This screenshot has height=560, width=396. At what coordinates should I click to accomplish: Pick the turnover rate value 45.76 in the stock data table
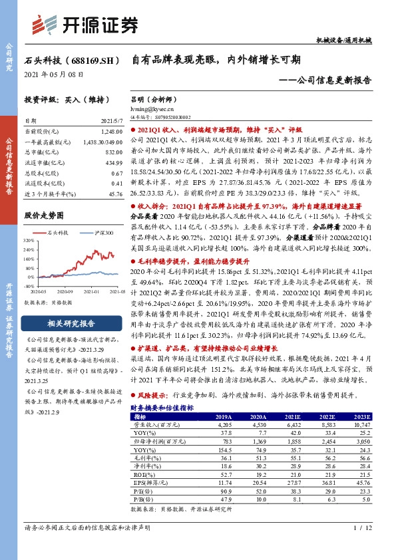click(x=114, y=194)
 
